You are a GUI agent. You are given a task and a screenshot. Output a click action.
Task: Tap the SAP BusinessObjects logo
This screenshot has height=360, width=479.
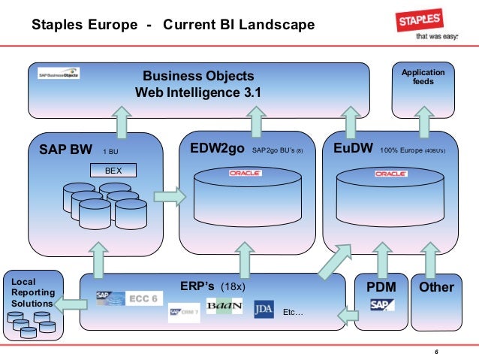59,75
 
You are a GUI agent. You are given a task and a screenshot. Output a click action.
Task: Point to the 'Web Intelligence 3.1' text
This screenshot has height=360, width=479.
198,93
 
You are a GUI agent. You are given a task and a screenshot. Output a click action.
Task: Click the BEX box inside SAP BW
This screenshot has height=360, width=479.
113,170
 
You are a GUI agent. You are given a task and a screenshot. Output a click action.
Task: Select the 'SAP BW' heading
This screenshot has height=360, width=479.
65,149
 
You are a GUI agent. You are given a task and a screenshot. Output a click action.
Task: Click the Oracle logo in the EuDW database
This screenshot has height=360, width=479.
390,174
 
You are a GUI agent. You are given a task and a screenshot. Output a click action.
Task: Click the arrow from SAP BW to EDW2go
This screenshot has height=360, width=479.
169,197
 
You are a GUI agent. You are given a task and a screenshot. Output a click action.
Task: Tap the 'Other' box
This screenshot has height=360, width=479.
436,287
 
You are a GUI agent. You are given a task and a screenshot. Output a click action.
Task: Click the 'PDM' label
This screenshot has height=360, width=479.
381,287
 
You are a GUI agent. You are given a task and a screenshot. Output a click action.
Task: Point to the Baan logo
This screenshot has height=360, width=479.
223,308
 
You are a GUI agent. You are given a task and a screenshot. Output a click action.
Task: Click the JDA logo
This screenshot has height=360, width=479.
263,308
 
